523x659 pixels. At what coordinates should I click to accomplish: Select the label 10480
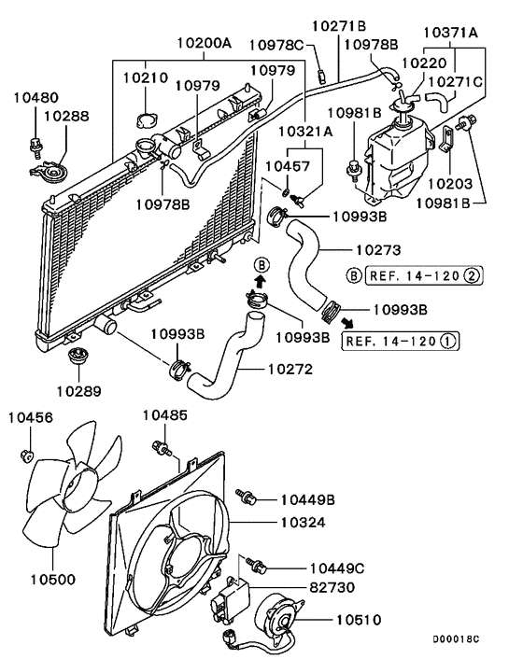tap(35, 96)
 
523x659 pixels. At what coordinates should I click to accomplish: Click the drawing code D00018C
tap(455, 639)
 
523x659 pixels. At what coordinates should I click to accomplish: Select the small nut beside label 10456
tap(27, 456)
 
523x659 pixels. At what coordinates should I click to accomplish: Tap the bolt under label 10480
tap(37, 144)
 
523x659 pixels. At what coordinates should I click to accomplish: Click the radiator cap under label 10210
tap(145, 120)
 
